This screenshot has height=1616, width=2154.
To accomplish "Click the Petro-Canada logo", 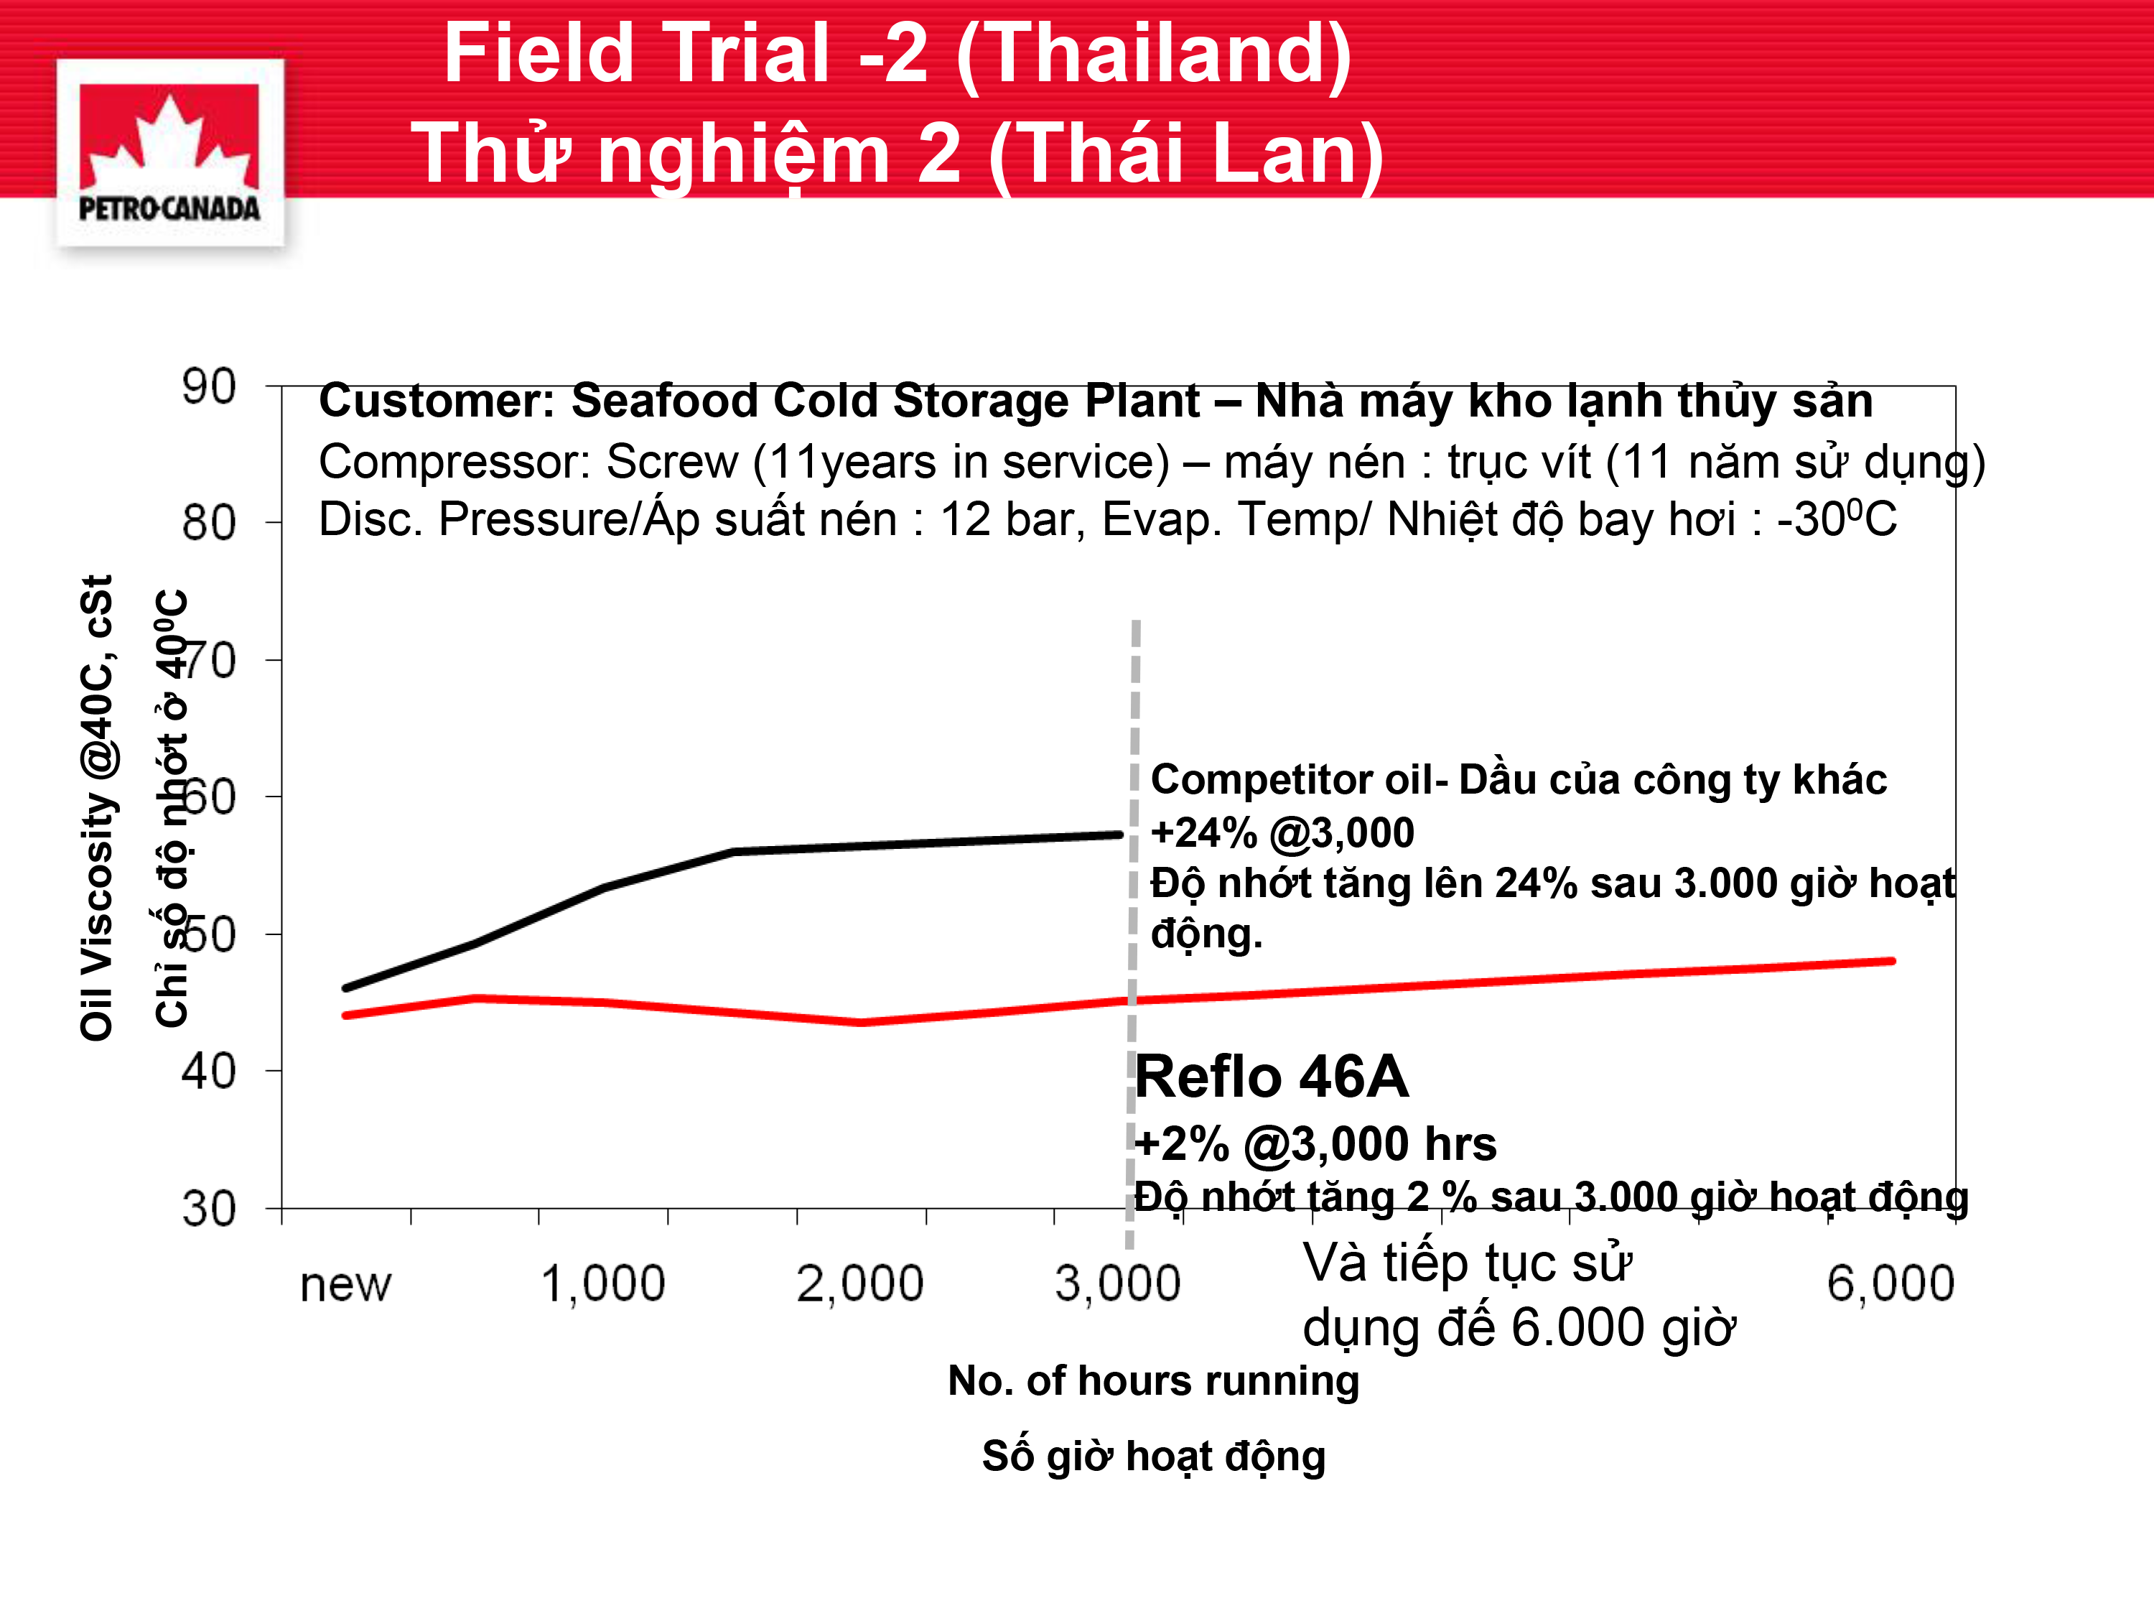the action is pyautogui.click(x=169, y=153).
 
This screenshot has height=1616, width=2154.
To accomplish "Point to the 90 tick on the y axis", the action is pyautogui.click(x=208, y=386).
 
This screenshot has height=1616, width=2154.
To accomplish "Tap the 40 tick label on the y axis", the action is pyautogui.click(x=208, y=1072).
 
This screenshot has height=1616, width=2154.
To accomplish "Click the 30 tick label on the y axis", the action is pyautogui.click(x=208, y=1209).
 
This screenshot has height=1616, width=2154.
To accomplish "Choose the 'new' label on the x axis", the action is pyautogui.click(x=345, y=1285).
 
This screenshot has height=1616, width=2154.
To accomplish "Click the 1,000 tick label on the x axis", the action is pyautogui.click(x=603, y=1284).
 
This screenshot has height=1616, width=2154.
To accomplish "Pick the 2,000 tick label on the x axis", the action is pyautogui.click(x=860, y=1284).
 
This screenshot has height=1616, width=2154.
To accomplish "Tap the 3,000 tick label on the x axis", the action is pyautogui.click(x=1118, y=1284).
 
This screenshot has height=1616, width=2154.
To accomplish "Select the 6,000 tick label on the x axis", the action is pyautogui.click(x=1890, y=1284).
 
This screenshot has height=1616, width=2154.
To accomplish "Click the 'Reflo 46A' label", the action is pyautogui.click(x=1272, y=1077).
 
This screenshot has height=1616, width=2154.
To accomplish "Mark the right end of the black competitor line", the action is pyautogui.click(x=1120, y=835).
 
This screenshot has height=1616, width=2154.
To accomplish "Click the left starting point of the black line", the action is pyautogui.click(x=345, y=989).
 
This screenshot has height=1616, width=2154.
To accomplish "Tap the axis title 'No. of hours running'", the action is pyautogui.click(x=1154, y=1381).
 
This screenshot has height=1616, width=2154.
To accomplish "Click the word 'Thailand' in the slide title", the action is pyautogui.click(x=1154, y=55).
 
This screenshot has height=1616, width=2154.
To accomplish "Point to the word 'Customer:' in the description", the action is pyautogui.click(x=437, y=400).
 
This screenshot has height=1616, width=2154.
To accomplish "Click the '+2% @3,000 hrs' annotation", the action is pyautogui.click(x=1315, y=1143).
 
